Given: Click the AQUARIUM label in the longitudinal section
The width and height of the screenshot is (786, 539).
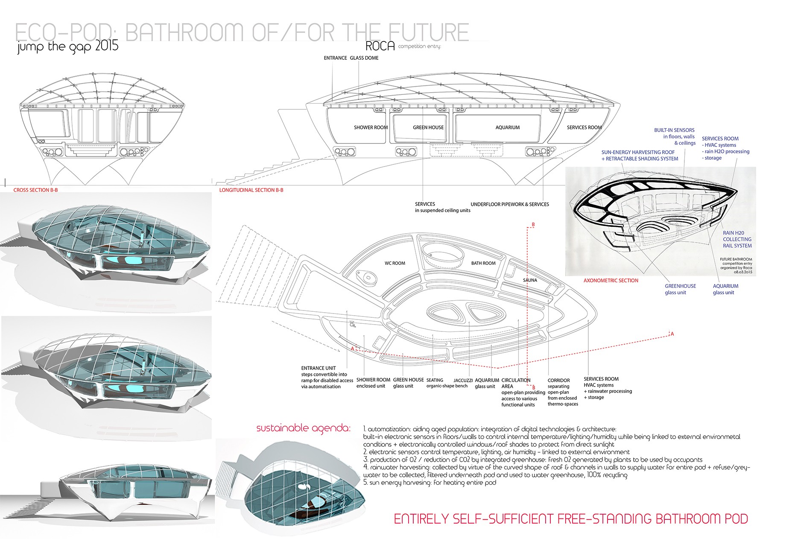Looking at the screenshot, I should [507, 127].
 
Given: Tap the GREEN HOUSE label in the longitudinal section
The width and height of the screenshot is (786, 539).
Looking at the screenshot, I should [428, 127].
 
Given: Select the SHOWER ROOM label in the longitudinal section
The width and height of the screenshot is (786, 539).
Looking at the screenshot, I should [371, 127].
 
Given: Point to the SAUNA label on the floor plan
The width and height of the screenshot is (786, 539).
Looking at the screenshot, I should [530, 280].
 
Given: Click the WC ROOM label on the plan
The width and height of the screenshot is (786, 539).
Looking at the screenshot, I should [394, 263].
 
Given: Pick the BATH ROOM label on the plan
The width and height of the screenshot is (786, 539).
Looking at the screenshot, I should [483, 263].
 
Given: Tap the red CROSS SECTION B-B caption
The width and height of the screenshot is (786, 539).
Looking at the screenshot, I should [35, 190].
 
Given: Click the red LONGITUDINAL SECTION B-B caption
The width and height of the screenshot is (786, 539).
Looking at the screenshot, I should [251, 190].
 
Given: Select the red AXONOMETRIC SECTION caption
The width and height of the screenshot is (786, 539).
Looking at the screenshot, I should [611, 281].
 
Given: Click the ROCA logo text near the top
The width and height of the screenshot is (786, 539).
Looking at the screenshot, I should [380, 46].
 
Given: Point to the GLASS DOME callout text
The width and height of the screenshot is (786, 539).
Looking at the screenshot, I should [364, 58].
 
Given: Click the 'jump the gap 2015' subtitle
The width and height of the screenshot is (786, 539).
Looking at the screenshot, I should [68, 46].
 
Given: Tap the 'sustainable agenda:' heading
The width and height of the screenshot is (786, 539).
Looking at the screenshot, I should [303, 428].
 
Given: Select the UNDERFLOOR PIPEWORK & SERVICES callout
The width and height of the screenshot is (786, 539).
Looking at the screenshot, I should [510, 204].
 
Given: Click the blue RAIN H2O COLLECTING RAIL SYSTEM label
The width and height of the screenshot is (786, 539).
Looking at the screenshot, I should [737, 239].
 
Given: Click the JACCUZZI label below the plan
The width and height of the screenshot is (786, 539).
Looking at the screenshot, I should [463, 380].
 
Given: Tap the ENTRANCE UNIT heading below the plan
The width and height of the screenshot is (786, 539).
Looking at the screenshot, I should [318, 368].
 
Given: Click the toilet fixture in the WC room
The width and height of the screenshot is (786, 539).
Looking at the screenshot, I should [368, 278].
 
